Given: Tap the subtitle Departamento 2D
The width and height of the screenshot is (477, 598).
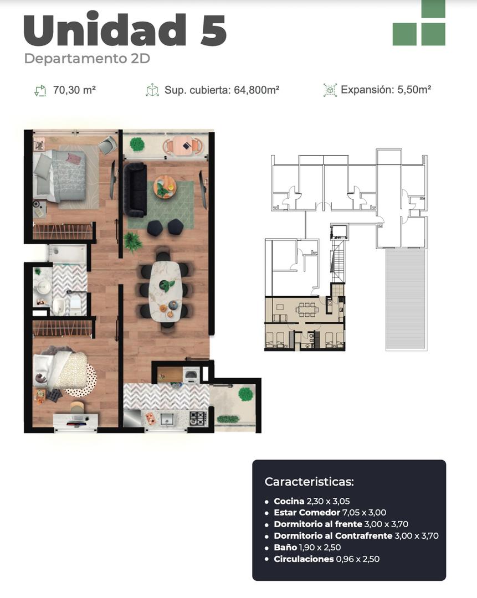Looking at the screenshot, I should [x=87, y=59].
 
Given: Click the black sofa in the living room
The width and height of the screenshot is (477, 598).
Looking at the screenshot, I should [x=134, y=189].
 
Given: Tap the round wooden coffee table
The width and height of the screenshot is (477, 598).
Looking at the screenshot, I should [x=165, y=187].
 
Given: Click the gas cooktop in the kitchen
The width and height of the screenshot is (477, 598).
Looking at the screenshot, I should [x=198, y=418].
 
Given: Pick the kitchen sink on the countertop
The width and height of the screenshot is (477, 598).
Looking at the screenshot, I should [x=166, y=419].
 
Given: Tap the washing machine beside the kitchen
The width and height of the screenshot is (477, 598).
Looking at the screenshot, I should [x=191, y=375].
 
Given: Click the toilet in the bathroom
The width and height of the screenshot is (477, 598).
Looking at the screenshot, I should [x=59, y=305].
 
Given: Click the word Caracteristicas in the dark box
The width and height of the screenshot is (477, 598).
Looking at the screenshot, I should [x=309, y=481].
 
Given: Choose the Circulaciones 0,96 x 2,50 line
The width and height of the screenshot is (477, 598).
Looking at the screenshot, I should [x=326, y=559].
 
